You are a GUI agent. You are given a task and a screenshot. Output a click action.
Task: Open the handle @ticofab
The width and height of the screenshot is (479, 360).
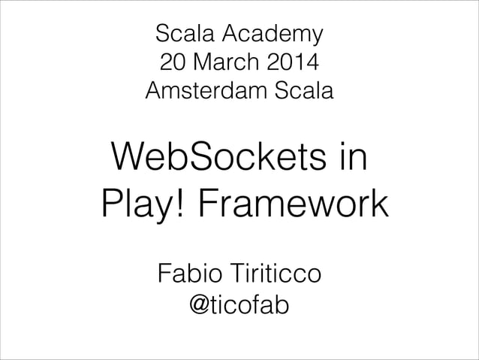pos(239,305)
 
